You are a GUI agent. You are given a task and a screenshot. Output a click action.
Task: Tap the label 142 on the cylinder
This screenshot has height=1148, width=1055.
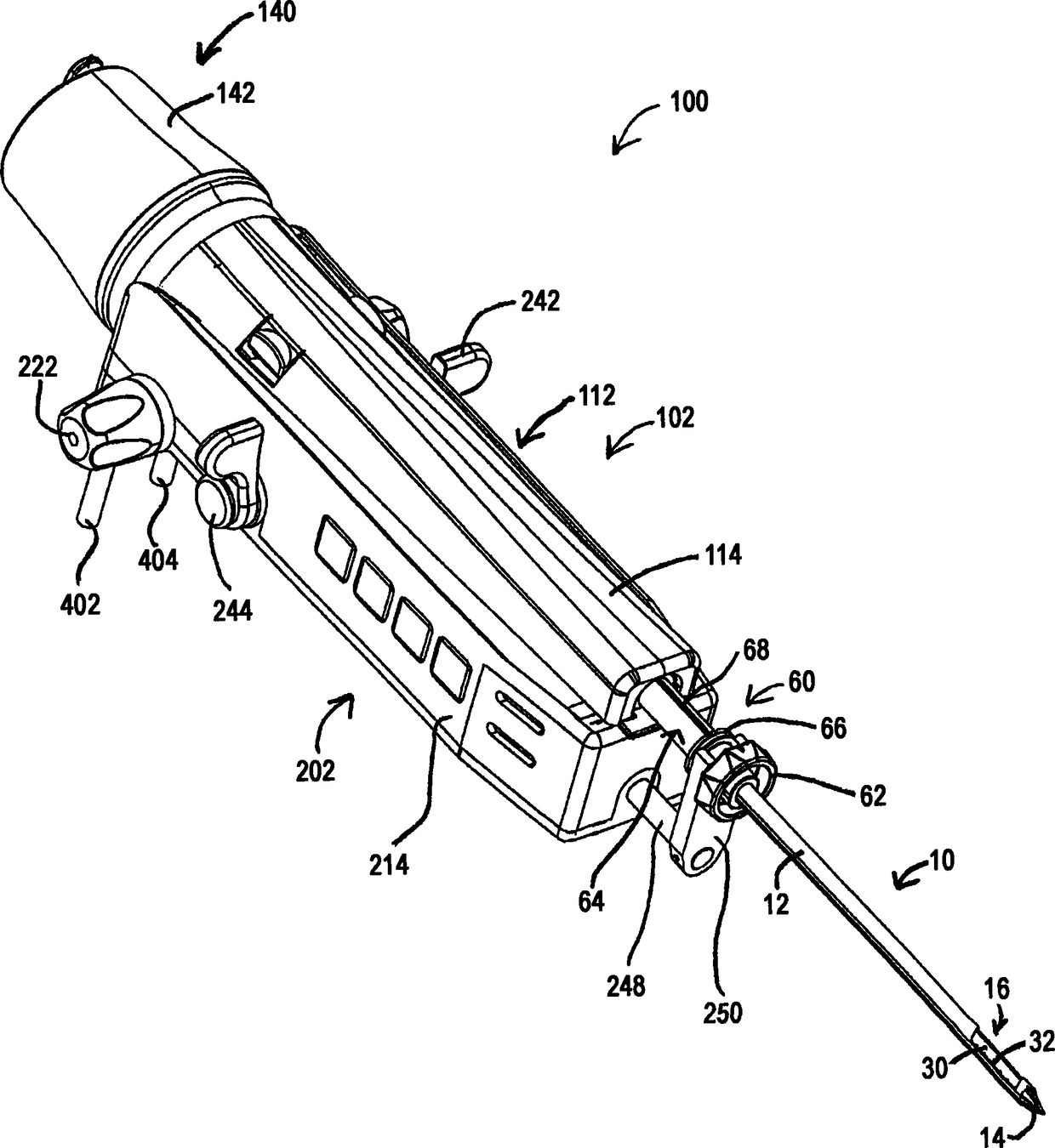(x=236, y=93)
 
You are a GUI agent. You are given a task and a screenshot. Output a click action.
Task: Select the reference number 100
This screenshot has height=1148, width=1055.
(x=689, y=102)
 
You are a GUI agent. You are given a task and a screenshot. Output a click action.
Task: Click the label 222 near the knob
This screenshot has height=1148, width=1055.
(x=39, y=367)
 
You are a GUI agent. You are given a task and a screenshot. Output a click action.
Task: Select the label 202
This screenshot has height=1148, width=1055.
(x=316, y=770)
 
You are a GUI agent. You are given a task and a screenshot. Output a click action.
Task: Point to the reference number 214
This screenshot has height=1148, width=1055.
(x=390, y=865)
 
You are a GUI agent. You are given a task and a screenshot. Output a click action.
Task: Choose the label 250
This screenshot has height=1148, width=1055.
(x=722, y=1013)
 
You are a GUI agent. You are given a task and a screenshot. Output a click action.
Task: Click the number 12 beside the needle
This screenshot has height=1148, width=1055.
(x=778, y=906)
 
